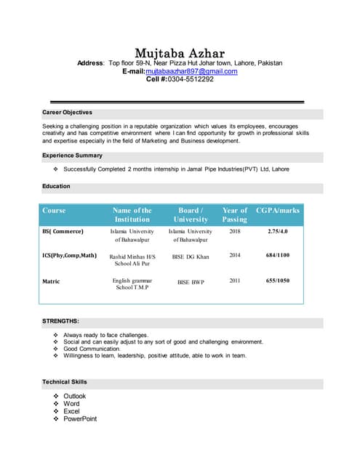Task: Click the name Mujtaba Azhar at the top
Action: [x=180, y=53]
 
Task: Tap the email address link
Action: [x=191, y=71]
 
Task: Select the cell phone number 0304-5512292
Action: [x=191, y=79]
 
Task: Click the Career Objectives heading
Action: [x=68, y=113]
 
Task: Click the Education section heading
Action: [x=57, y=186]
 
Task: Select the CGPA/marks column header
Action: [x=278, y=211]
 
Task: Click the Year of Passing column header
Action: [x=234, y=214]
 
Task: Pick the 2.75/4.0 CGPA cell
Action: [x=278, y=232]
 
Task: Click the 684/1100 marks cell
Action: [x=278, y=256]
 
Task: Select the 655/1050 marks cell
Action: [x=278, y=280]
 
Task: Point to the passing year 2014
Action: [x=234, y=256]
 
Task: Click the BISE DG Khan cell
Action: [x=191, y=256]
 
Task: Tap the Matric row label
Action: [x=52, y=280]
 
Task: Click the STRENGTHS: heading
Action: [x=60, y=320]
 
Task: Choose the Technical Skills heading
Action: [x=65, y=381]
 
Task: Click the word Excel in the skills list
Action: [x=72, y=411]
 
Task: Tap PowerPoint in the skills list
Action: [x=80, y=418]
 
